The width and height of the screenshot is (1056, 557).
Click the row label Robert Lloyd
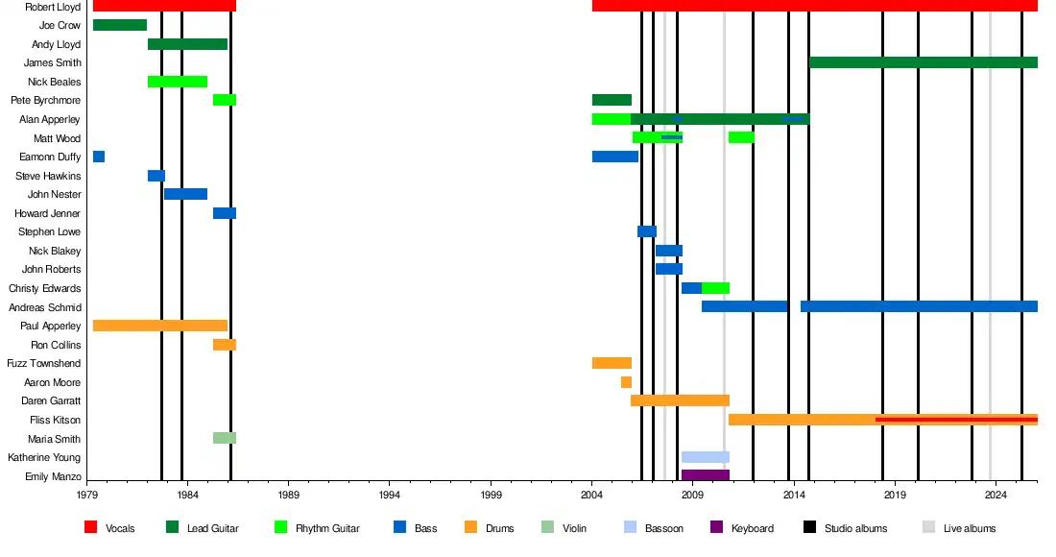[x=53, y=7]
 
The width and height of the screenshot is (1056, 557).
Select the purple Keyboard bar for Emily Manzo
[x=705, y=475]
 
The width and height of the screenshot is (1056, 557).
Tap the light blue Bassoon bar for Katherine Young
[x=705, y=457]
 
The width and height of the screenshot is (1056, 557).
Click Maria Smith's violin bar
[x=224, y=438]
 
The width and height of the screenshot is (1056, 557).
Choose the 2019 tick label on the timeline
[x=894, y=496]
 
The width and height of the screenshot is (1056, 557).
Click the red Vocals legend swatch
[x=91, y=527]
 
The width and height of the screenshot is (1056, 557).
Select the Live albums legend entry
[x=972, y=528]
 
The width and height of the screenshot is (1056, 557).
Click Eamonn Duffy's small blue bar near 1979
[x=99, y=157]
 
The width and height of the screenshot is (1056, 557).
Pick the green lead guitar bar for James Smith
[x=923, y=62]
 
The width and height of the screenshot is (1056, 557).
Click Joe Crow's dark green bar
[x=120, y=25]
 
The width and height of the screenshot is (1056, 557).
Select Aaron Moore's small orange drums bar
[x=626, y=382]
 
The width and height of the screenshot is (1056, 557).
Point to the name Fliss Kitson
[x=56, y=420]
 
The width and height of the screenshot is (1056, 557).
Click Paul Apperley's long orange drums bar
[x=160, y=326]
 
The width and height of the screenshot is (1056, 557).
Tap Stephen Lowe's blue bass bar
[x=647, y=231]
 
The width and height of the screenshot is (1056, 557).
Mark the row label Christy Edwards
[x=45, y=288]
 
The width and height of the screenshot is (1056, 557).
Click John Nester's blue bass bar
[x=185, y=194]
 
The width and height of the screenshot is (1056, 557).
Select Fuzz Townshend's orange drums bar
[x=612, y=363]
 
